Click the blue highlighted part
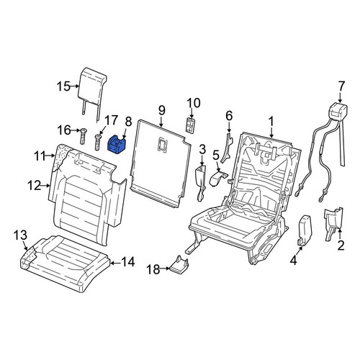(117, 145)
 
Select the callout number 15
(63, 86)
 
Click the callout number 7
(341, 86)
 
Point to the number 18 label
(153, 269)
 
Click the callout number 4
(294, 260)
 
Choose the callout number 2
(341, 245)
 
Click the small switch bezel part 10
(191, 125)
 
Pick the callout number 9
(162, 111)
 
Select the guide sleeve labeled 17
(98, 143)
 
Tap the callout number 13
(20, 235)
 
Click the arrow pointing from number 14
(115, 263)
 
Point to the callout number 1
(271, 122)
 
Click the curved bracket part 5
(218, 178)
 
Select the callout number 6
(229, 116)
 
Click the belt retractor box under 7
(338, 111)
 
